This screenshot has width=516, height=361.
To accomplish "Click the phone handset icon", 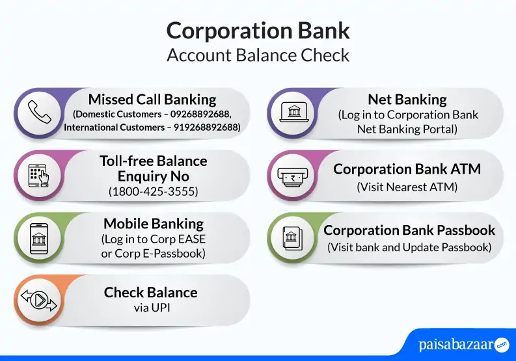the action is pos(39,113).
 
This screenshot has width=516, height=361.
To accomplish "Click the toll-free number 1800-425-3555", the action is pos(154,191).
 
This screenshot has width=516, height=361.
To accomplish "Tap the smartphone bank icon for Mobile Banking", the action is pos(39,239).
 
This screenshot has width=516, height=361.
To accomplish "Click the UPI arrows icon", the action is pos(39,300).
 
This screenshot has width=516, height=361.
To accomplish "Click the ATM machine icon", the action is pos(293,177).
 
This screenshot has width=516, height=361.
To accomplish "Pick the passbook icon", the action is pos(293,238).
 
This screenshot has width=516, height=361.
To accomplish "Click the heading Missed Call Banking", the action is pos(152,99).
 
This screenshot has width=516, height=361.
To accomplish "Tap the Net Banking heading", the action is pos(407,100).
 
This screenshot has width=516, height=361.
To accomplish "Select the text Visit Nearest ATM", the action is pos(407,187).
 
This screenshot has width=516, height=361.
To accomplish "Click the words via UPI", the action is pos(152,308).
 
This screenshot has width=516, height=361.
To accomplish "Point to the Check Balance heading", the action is pos(151,292).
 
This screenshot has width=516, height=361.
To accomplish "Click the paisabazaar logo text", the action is pos(455,345).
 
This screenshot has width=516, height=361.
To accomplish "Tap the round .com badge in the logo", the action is pos(502,345).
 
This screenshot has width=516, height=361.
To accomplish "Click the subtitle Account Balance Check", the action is pos(258,55).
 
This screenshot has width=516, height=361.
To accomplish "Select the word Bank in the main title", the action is pos(323,31).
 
